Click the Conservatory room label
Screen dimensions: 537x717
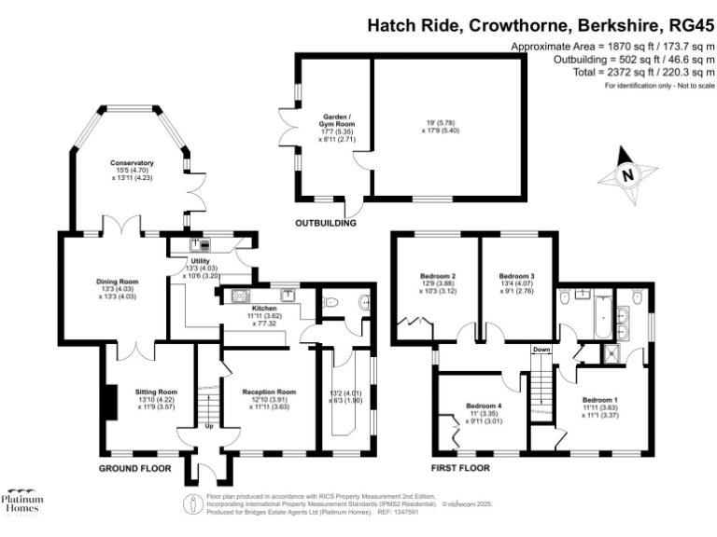131,163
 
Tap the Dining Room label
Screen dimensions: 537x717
118,281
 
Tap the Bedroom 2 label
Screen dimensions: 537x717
438,277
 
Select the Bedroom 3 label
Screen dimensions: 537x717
516,277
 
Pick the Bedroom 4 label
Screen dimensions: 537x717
484,406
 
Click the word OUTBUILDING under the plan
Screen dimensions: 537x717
326,224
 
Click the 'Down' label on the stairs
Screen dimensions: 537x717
541,350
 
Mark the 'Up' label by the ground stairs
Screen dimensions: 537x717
207,427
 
